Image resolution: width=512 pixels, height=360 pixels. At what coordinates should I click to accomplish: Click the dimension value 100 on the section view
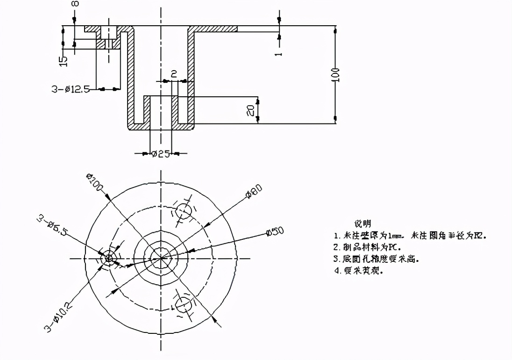(337, 75)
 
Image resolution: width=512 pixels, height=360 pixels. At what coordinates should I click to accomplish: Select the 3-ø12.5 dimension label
(71, 89)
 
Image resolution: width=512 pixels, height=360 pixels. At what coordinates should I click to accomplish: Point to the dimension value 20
(251, 110)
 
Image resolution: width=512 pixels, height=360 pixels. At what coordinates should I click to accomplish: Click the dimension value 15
(64, 60)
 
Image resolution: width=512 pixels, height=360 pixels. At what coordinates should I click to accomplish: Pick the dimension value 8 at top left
(75, 4)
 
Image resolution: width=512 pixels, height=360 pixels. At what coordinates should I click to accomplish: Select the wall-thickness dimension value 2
(173, 74)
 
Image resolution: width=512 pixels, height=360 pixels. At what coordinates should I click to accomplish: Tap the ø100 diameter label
(95, 181)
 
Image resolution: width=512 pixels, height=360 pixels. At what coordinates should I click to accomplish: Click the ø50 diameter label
(274, 231)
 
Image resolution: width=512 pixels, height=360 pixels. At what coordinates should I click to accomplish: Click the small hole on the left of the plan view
(108, 257)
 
